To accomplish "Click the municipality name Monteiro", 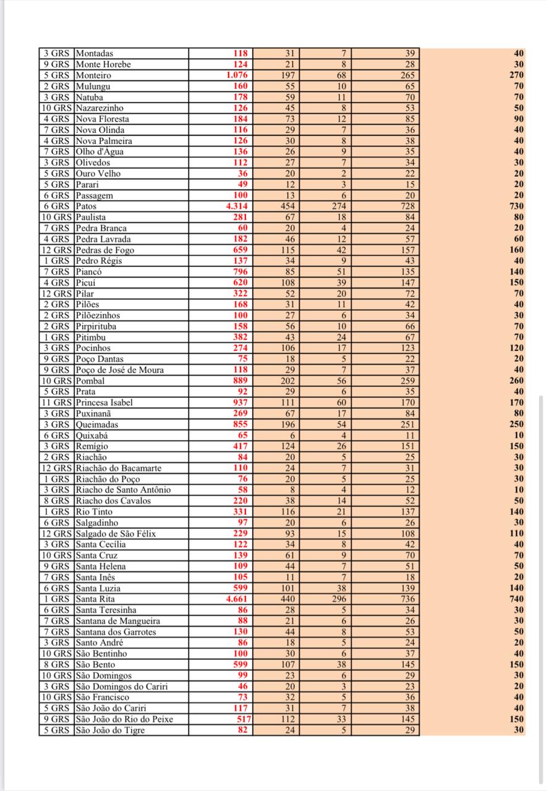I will point(93,75).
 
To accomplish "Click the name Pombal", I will point(90,381).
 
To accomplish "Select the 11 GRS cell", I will point(56,403).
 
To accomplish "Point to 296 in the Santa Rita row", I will point(339,599).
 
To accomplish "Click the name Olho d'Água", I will point(98,152).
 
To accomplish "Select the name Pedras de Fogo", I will point(104,250).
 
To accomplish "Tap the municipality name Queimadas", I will point(96,425).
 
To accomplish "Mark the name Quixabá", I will point(93,435).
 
